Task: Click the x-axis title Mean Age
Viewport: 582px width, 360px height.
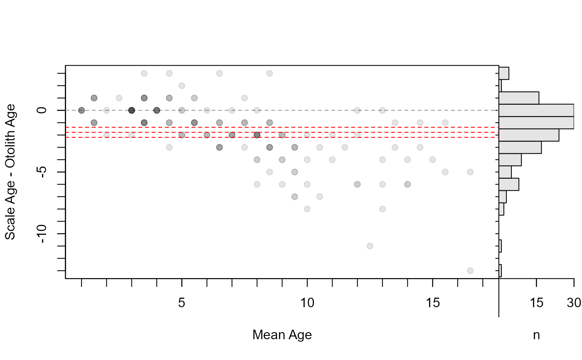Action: coord(282,335)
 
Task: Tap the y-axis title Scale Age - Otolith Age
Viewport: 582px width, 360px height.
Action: coord(10,172)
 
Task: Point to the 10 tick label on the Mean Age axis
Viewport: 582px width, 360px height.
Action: coord(307,303)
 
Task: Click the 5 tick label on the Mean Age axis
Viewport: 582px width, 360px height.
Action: coord(182,303)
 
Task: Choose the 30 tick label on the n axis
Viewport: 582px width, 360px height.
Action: coord(574,303)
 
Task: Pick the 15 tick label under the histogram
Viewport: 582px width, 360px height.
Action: coord(536,303)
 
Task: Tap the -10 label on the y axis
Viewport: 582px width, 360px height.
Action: coord(42,234)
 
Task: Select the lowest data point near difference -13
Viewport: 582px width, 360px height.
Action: coord(470,271)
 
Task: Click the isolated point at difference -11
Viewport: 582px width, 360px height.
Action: coord(370,246)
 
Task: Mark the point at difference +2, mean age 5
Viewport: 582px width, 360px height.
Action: coord(182,86)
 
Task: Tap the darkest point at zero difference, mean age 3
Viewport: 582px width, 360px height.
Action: coord(132,111)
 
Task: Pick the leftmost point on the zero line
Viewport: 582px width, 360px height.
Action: coord(81,111)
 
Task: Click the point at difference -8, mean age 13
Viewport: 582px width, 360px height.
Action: coord(382,209)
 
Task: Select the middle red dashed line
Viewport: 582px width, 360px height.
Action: coord(282,132)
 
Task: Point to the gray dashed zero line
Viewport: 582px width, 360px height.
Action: coord(282,111)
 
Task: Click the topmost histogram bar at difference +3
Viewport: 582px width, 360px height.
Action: coord(504,73)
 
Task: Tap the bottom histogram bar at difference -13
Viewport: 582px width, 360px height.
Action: coord(500,271)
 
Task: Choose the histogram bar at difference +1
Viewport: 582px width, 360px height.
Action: coord(519,98)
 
